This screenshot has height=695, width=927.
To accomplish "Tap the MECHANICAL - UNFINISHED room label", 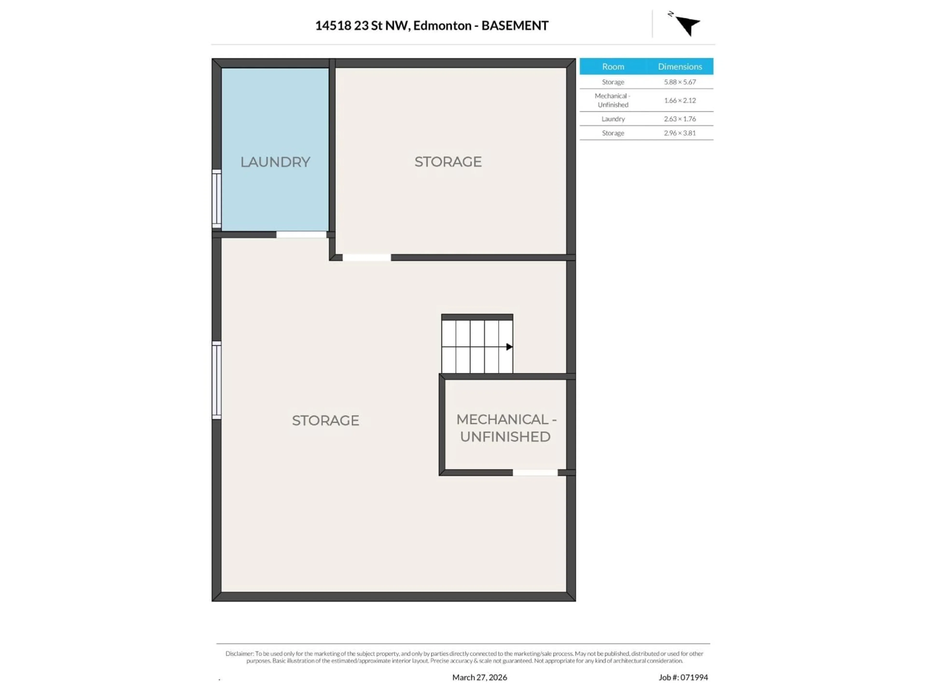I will tap(506, 428).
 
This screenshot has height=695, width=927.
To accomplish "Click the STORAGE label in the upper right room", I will tap(448, 162).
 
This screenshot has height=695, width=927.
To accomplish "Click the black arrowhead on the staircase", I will tap(509, 347).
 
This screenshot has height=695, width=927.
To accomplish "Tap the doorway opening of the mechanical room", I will tap(535, 473).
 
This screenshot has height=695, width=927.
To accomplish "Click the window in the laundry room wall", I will tap(216, 199).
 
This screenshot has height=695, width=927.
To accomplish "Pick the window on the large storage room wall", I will tap(216, 380).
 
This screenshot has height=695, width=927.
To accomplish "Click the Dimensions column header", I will tap(680, 67).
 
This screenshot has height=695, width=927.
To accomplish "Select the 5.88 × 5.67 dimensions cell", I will tap(680, 82).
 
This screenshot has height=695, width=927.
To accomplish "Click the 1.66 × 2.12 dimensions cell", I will tap(680, 101).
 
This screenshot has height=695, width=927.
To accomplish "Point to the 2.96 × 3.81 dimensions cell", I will tap(680, 133).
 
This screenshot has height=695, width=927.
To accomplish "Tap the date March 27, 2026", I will tap(479, 677).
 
